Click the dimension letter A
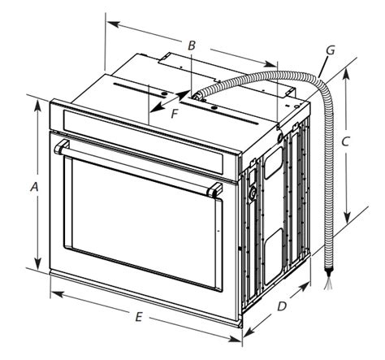[34, 187]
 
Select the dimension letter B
[192, 46]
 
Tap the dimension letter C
[345, 141]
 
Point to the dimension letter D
[282, 306]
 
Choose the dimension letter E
[139, 317]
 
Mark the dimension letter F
[175, 114]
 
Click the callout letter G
[331, 50]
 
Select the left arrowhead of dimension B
[113, 24]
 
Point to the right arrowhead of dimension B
[270, 64]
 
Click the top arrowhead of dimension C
[346, 75]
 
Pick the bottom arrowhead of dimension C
[347, 218]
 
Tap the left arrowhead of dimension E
[57, 294]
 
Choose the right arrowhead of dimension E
[235, 339]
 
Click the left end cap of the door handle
[61, 147]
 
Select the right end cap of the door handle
[214, 190]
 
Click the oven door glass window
[145, 222]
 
